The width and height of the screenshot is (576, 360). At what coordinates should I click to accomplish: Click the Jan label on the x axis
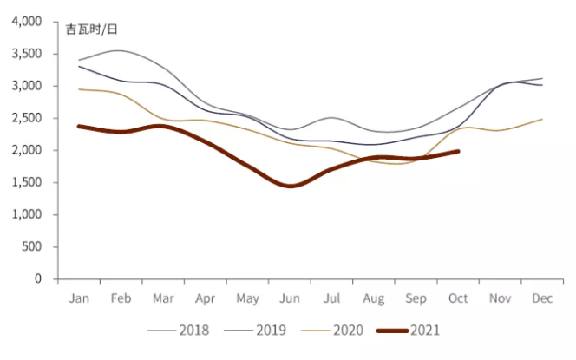tap(79, 298)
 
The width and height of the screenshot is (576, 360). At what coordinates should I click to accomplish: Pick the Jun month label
tap(289, 298)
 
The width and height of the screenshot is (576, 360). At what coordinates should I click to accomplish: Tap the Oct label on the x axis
tap(458, 298)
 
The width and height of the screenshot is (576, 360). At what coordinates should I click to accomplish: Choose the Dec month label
tap(542, 298)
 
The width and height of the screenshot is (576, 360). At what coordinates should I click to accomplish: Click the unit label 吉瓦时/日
tap(92, 29)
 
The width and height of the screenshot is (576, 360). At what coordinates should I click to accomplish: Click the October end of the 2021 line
tap(458, 151)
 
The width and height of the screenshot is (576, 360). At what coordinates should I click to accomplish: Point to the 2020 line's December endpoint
tap(542, 119)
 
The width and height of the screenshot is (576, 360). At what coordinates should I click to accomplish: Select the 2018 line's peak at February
tap(121, 50)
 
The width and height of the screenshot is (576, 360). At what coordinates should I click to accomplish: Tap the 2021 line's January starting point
tap(79, 126)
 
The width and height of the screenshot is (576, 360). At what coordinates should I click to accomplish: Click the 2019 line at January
tap(79, 66)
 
